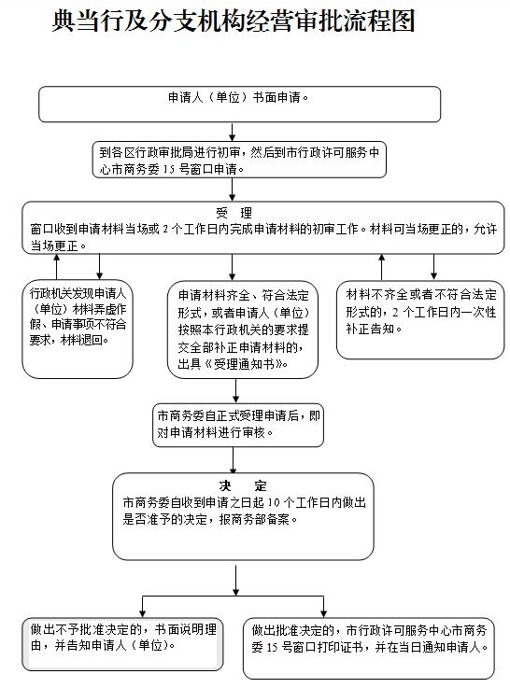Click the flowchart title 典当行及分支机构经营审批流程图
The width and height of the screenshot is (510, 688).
point(234,21)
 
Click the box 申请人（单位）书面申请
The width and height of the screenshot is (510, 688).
point(240,104)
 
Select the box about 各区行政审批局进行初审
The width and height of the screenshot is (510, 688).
point(239,160)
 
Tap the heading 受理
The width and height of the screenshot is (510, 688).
point(234,213)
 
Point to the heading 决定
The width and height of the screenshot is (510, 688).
point(243,485)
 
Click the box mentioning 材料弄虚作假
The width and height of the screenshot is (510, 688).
point(78,330)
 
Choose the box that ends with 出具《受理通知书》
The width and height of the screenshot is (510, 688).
point(243,330)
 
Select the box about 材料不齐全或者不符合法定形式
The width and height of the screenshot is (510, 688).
point(420,320)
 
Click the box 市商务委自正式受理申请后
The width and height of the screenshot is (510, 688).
point(238,425)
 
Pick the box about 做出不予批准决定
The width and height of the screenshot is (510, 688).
point(122,644)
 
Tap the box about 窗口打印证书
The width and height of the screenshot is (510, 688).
point(369,649)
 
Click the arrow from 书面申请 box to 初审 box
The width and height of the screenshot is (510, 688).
point(233,132)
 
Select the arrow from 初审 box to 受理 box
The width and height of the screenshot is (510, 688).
point(233,190)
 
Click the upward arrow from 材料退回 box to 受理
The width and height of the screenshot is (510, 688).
point(56,267)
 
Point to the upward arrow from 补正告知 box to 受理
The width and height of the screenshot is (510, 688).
point(382,267)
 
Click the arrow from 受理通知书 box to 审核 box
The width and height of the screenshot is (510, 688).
point(235,391)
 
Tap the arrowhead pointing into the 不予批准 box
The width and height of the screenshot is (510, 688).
point(142,613)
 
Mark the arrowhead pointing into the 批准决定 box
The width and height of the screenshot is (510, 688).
point(323,613)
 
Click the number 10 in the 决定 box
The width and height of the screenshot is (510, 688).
point(274,503)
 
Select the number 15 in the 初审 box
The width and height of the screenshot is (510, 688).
point(169,169)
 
